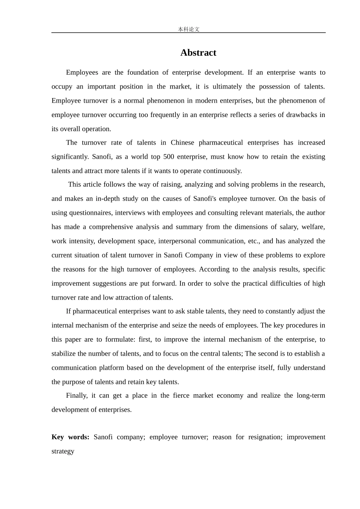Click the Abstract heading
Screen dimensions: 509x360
198,53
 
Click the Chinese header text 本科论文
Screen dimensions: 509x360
189,29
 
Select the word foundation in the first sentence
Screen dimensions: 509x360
143,72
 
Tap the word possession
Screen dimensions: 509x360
276,86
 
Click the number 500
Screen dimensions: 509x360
169,156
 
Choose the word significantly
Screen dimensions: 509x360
70,156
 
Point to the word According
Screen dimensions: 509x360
214,269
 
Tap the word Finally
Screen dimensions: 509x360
77,395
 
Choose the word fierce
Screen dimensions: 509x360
181,395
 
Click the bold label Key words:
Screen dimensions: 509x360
70,437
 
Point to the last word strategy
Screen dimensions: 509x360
63,451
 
